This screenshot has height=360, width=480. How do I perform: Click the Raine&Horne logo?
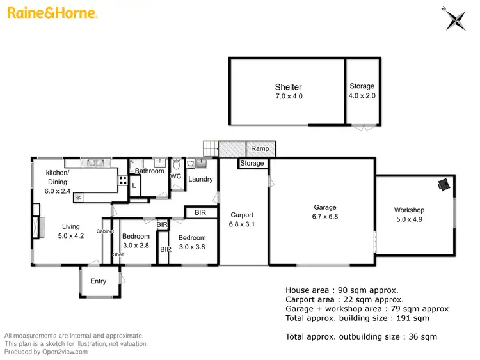point(51,13)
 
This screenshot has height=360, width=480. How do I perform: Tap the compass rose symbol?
point(456,19)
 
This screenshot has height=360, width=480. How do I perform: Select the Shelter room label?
point(288,87)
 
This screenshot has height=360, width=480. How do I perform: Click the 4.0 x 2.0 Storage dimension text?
point(362,96)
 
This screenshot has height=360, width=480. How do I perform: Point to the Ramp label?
point(260,149)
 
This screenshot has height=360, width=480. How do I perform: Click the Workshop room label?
point(409,210)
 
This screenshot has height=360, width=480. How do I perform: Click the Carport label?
point(242,215)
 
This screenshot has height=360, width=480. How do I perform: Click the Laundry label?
point(200,179)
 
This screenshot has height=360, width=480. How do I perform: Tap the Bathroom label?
point(149,171)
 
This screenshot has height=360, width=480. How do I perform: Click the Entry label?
point(99,281)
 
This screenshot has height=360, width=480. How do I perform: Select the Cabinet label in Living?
point(105,231)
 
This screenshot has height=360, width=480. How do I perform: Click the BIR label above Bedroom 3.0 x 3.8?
point(200,212)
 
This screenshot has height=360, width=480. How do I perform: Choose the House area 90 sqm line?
point(342,290)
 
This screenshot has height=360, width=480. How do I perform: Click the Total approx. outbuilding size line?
point(361,336)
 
